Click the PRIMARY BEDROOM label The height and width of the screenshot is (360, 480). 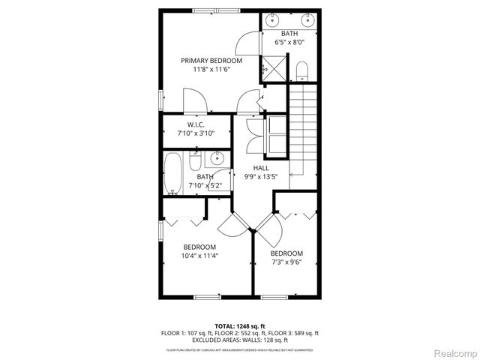211,60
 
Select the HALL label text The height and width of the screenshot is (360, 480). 260,168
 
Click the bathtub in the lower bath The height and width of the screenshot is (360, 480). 172,172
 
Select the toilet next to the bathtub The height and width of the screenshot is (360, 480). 194,162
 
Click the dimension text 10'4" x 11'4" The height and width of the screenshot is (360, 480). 199,256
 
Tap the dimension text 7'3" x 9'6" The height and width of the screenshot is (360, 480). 286,262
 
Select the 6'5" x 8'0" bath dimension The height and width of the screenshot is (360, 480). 289,43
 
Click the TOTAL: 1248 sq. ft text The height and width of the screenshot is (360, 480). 240,326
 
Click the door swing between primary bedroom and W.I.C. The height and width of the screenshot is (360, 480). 193,99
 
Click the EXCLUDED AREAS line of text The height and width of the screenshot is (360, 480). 240,340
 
